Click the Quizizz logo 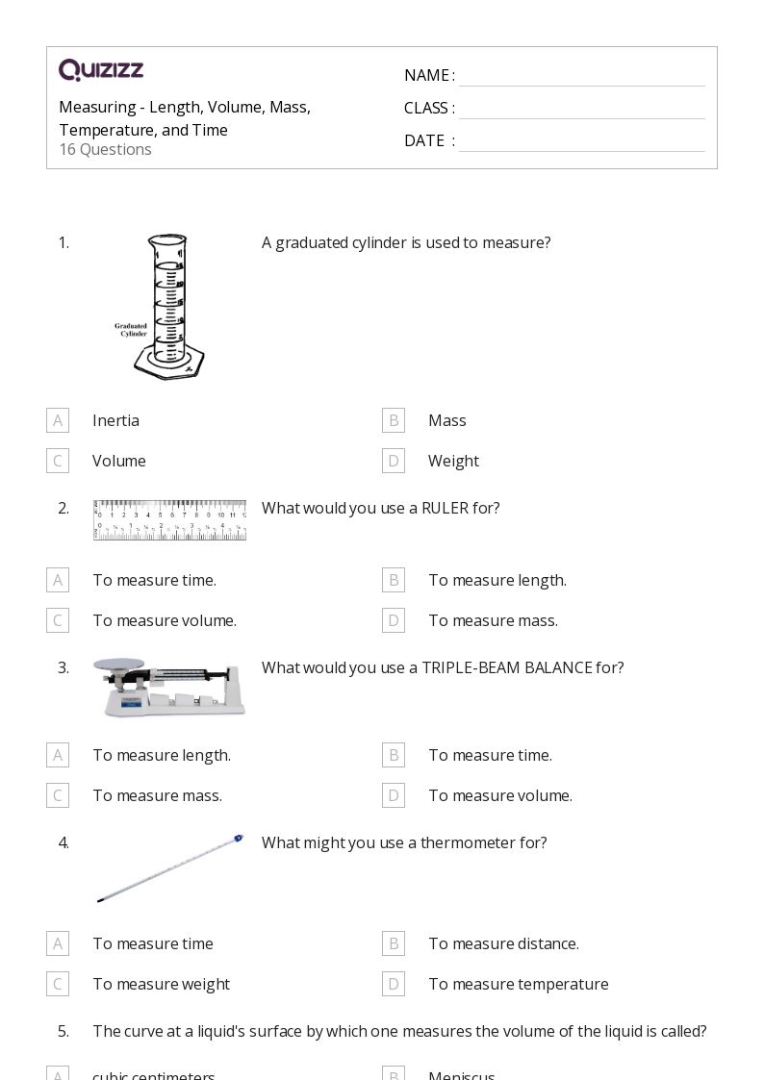[x=101, y=70]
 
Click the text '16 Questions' [x=105, y=149]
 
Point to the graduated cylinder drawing [x=169, y=306]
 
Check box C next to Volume [x=58, y=461]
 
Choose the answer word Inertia [x=115, y=420]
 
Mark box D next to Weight [x=393, y=461]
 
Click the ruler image [x=169, y=519]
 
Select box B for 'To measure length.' [x=393, y=580]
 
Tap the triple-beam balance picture [x=169, y=687]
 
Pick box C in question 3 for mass [x=58, y=795]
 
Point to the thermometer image [x=169, y=868]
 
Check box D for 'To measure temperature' [x=393, y=984]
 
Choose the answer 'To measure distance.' [x=503, y=943]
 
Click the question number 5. [x=63, y=1031]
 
